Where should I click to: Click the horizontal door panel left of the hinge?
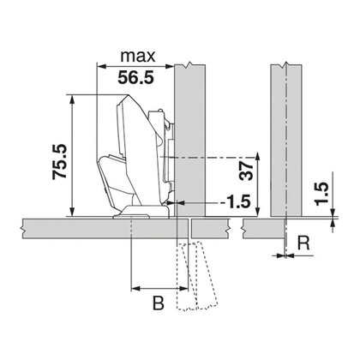click(60, 227)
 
